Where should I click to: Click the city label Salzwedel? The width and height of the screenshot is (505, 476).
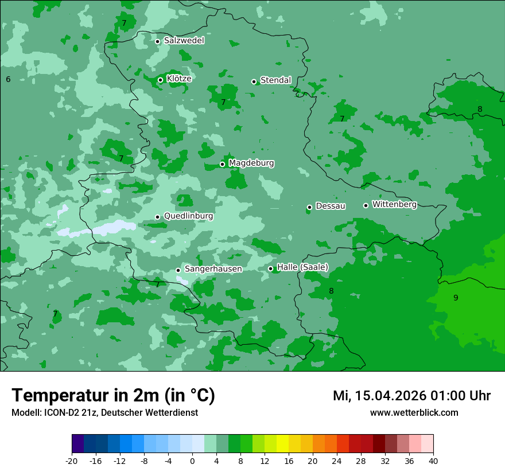click(x=184, y=41)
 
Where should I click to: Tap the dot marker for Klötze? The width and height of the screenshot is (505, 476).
click(x=160, y=80)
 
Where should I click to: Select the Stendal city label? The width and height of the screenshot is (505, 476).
click(x=275, y=80)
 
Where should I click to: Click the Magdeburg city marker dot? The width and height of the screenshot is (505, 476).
click(x=222, y=164)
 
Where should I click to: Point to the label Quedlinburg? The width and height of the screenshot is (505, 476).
click(x=188, y=216)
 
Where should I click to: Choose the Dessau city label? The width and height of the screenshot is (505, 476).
click(x=331, y=206)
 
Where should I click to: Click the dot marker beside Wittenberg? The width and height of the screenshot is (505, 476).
click(x=366, y=205)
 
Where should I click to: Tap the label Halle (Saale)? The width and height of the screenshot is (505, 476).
click(x=302, y=267)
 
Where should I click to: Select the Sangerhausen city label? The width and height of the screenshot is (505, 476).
click(x=213, y=269)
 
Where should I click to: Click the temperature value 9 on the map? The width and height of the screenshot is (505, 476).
click(x=456, y=298)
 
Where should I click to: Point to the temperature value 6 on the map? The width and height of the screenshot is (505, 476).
click(x=8, y=79)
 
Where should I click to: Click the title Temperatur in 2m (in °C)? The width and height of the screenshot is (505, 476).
click(x=113, y=396)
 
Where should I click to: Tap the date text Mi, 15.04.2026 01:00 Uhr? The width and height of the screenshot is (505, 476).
click(x=411, y=396)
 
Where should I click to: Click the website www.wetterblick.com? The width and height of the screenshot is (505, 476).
click(x=414, y=413)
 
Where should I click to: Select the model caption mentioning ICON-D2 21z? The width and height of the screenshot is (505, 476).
click(x=104, y=413)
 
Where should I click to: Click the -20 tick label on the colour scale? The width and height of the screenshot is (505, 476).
click(x=72, y=461)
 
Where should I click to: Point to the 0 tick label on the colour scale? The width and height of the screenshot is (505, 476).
click(x=192, y=461)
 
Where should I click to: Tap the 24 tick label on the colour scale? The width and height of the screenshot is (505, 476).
click(x=337, y=461)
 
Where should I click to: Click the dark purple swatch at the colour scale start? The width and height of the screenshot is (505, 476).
click(x=78, y=444)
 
